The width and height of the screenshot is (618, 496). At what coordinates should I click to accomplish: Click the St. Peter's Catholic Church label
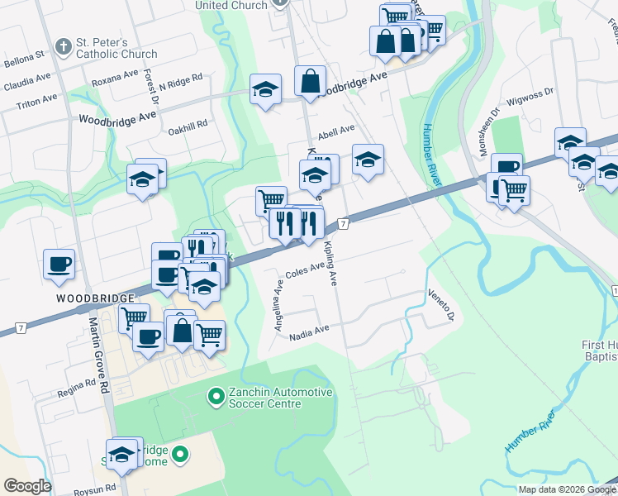tap(116, 48)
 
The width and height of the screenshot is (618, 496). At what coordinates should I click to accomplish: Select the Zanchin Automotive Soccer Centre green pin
tap(216, 398)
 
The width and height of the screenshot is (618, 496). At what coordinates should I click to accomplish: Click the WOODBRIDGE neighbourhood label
tap(96, 297)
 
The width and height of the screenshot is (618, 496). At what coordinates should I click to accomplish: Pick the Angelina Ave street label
tap(279, 306)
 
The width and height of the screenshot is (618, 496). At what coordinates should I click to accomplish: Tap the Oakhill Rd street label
tap(188, 123)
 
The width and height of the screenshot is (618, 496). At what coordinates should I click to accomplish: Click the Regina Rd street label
tap(77, 389)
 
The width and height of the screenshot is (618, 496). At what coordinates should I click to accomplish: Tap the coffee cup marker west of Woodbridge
tap(59, 265)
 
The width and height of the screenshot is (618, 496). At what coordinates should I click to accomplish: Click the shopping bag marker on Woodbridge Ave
tap(310, 81)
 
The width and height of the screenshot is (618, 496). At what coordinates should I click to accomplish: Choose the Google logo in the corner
tap(28, 486)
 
